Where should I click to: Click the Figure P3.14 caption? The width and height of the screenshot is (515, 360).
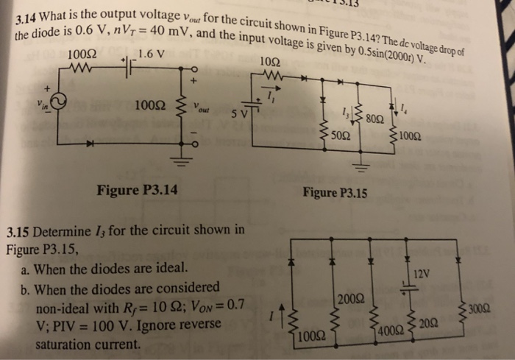137,192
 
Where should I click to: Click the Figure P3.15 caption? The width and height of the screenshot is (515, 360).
335,194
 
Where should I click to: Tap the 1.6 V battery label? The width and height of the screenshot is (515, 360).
151,53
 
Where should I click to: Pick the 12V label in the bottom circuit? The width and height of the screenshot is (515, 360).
422,274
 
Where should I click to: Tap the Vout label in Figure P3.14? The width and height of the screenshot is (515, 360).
203,107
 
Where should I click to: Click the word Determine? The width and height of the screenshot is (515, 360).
62,230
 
